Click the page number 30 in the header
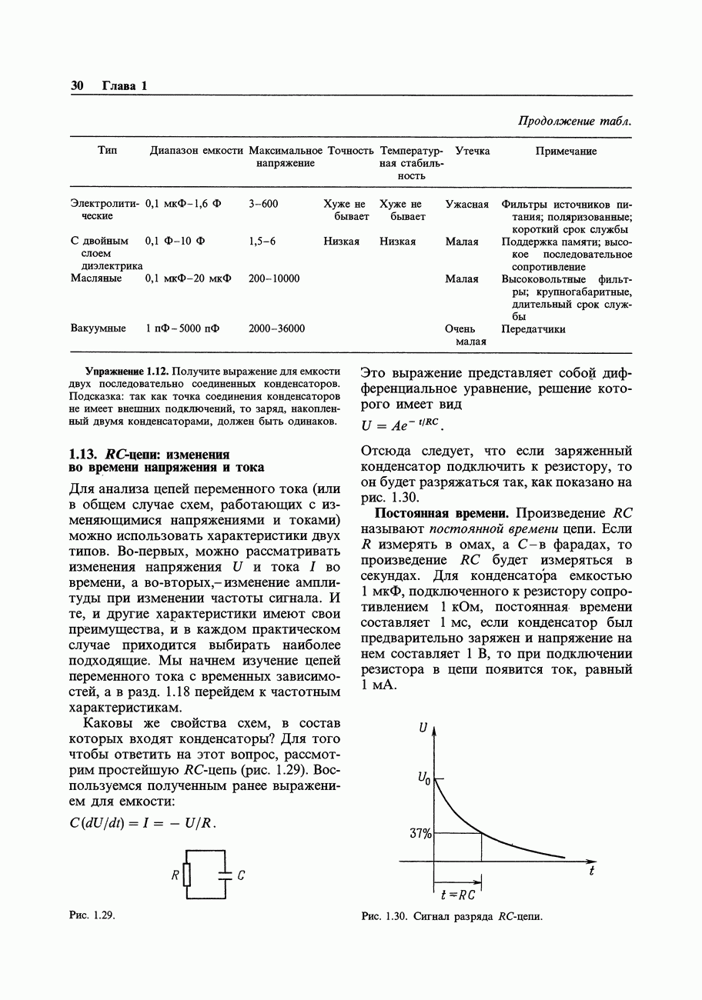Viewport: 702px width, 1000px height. coord(77,85)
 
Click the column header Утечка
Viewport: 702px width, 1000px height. coord(472,152)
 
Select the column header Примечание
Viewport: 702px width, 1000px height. coord(566,152)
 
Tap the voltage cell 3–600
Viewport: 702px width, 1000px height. coord(263,205)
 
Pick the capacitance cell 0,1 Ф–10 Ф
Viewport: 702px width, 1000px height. coord(175,242)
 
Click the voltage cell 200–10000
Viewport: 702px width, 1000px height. coord(274,278)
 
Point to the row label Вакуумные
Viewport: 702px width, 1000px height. coord(98,328)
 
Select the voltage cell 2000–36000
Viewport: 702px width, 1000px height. coord(276,328)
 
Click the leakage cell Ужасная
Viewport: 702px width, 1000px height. coord(466,205)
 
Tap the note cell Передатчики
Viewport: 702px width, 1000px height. coord(533,328)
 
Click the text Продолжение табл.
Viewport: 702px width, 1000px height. coord(574,122)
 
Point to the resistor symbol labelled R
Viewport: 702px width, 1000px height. coord(185,875)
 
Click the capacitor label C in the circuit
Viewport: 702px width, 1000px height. coord(242,875)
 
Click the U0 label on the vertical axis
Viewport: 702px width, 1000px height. coord(423,778)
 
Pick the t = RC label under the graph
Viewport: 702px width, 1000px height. coord(458,895)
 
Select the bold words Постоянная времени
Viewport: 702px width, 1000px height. coord(441,513)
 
